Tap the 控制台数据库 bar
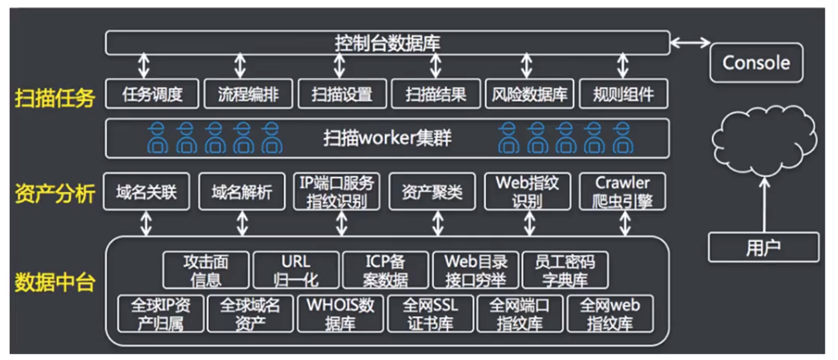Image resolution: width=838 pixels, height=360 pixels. point(388,42)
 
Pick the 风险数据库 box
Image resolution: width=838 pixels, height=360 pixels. point(530,94)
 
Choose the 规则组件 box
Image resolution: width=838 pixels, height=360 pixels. point(624,94)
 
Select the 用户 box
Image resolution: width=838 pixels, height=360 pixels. point(763,247)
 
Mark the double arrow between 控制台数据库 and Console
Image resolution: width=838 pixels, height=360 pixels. point(691,41)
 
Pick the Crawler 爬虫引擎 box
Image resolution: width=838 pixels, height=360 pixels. point(624,192)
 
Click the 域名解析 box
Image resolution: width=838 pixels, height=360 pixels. point(242,192)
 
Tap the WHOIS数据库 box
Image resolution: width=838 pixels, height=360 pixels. point(339,314)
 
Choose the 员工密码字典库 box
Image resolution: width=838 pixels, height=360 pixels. point(566,270)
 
